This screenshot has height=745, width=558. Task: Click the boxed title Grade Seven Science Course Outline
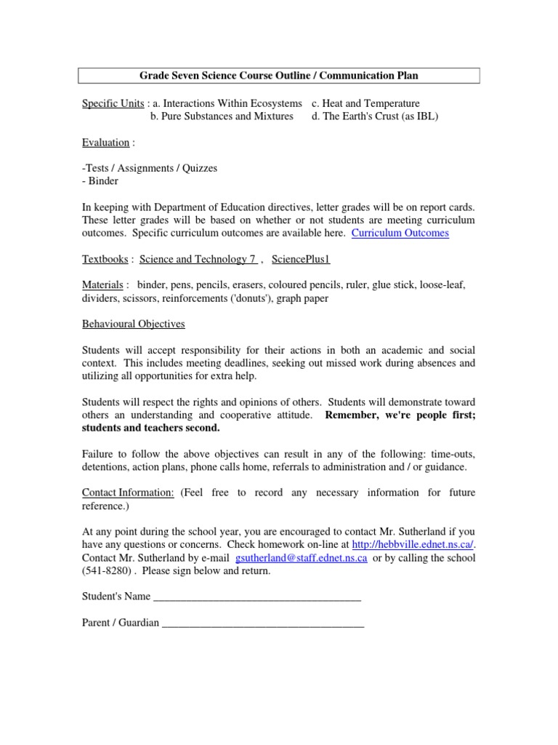[x=278, y=76]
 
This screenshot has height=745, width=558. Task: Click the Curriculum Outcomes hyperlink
[x=400, y=233]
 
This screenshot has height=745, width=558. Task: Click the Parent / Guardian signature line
[x=262, y=624]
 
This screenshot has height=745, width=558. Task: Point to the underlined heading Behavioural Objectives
[x=133, y=324]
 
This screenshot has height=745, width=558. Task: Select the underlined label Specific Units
[x=113, y=103]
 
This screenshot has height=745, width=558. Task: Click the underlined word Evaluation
[x=105, y=143]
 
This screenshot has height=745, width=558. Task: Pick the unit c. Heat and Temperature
[x=365, y=103]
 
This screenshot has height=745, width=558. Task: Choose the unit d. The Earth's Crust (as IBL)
[x=375, y=116]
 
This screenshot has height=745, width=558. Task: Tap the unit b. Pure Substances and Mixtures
[x=222, y=116]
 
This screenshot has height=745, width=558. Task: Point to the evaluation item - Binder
[x=101, y=181]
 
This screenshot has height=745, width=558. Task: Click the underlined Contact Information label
[x=128, y=493]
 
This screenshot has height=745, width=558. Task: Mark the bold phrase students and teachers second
[x=150, y=428]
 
